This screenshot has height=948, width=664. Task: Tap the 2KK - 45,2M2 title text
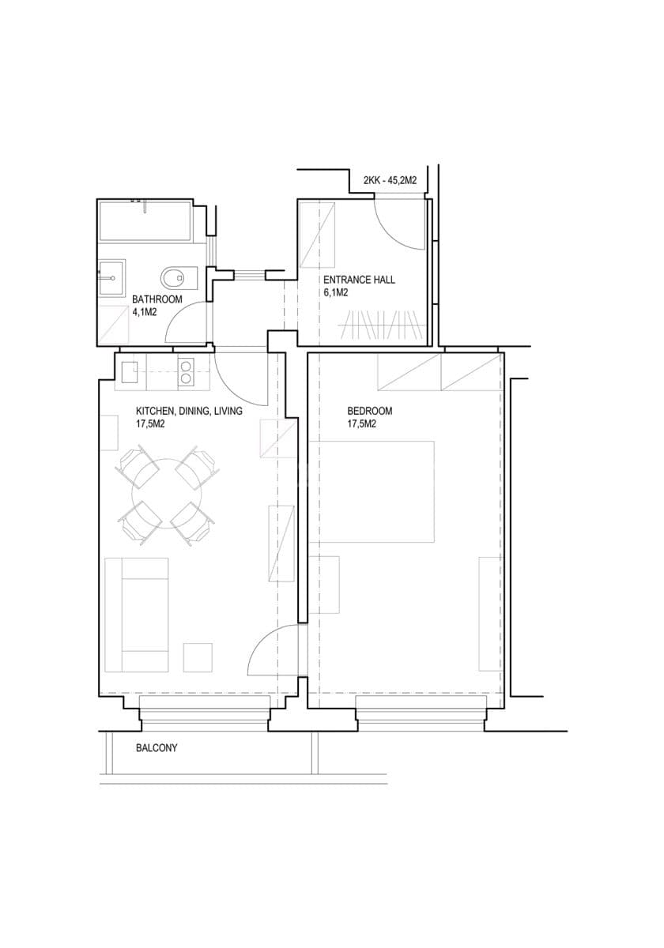(390, 181)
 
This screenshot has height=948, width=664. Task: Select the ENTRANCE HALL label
(359, 280)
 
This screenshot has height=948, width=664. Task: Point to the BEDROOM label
(369, 411)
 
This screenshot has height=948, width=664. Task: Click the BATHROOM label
(157, 299)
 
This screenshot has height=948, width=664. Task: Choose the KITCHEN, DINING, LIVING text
(189, 411)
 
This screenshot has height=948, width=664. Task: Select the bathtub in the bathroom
(145, 222)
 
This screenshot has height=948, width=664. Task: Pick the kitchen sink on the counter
(130, 372)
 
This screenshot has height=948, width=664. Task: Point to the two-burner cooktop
(186, 371)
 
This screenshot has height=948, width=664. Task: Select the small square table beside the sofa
(198, 657)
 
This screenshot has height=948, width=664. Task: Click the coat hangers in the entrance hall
(381, 325)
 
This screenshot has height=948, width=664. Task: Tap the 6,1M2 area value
(336, 292)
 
